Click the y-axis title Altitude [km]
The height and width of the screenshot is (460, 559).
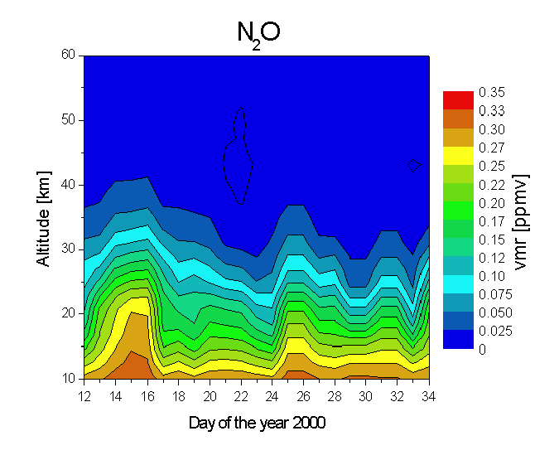click(x=43, y=215)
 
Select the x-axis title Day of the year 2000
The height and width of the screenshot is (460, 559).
click(x=257, y=423)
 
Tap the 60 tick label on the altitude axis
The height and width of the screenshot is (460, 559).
click(x=69, y=56)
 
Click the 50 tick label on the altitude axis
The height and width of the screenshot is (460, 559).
click(x=69, y=120)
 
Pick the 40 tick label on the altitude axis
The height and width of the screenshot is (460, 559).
click(x=69, y=185)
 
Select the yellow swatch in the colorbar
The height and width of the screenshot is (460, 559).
click(x=458, y=155)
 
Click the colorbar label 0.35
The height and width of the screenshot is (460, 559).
click(x=492, y=92)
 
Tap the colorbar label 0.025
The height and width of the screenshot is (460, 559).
click(x=495, y=331)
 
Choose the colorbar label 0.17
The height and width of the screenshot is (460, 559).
click(x=492, y=220)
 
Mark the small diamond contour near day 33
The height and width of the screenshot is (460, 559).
click(x=414, y=166)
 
